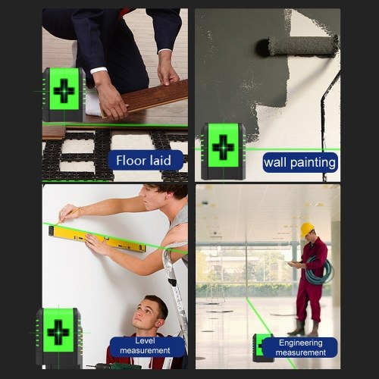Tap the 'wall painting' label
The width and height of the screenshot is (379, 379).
(x=300, y=162)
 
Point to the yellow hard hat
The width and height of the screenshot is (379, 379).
(x=307, y=229)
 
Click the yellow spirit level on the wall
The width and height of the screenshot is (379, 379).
(x=98, y=239)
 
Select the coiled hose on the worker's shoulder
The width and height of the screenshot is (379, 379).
(x=319, y=271)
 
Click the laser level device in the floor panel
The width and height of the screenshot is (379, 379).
(x=64, y=94)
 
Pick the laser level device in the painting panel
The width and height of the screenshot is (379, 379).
(x=224, y=151)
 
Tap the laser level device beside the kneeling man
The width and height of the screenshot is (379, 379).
(x=59, y=337)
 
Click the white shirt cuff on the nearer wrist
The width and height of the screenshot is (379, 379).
(x=99, y=70)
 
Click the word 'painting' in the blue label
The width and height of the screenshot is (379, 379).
(x=313, y=162)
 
